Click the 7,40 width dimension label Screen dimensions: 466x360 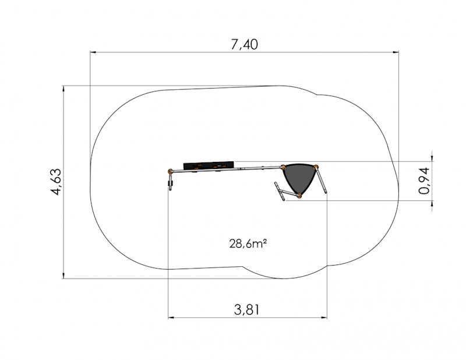click(x=244, y=45)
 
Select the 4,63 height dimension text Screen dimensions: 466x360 click(x=56, y=182)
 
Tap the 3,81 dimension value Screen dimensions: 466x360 click(x=246, y=310)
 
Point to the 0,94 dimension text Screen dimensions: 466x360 click(x=424, y=181)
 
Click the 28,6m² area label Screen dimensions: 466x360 click(x=248, y=243)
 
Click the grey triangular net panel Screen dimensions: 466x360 click(x=299, y=178)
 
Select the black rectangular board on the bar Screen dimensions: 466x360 click(x=209, y=166)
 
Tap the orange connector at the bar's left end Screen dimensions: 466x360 click(x=170, y=171)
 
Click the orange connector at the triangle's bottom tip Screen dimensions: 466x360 click(x=299, y=196)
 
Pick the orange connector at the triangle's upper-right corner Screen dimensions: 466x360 click(x=316, y=167)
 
